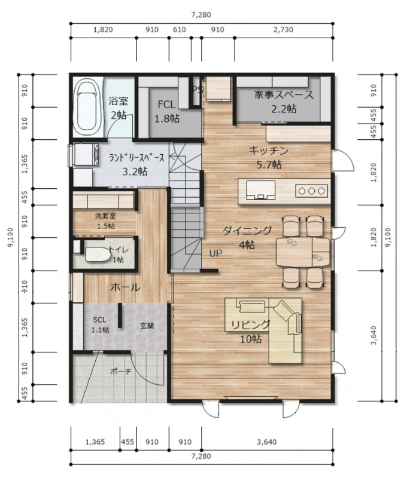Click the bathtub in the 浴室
[88, 107]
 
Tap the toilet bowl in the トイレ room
[98, 255]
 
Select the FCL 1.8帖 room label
[167, 112]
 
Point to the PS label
[198, 90]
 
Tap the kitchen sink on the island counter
[260, 190]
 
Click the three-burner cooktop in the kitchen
[311, 191]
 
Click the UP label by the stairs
[215, 253]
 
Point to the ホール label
[125, 287]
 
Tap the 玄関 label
[147, 326]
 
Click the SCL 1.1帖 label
[100, 324]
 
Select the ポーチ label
[121, 371]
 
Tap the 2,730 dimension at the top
[283, 29]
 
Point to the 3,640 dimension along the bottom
[266, 442]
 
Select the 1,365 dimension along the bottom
[95, 442]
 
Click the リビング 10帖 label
[251, 332]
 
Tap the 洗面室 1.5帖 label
[106, 221]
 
